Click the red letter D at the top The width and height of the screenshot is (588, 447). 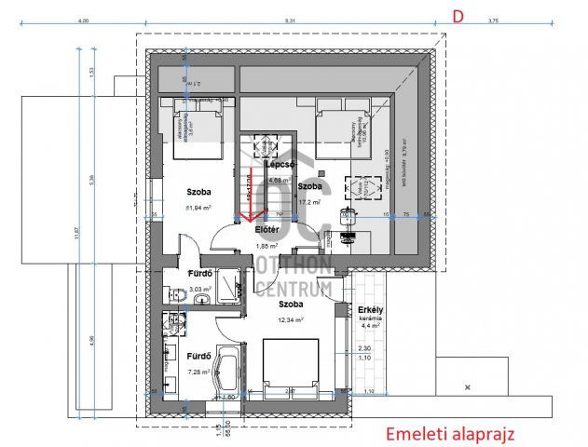458,16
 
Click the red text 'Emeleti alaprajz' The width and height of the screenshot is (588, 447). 449,433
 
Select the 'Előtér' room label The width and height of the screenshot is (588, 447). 268,231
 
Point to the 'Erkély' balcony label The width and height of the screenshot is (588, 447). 372,309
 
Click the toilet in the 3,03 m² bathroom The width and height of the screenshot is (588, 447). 173,295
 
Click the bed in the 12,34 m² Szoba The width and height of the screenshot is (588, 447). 292,365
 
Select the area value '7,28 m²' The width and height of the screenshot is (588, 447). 197,372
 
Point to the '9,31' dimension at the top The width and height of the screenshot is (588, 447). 290,20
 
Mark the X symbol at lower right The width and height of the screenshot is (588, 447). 466,386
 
